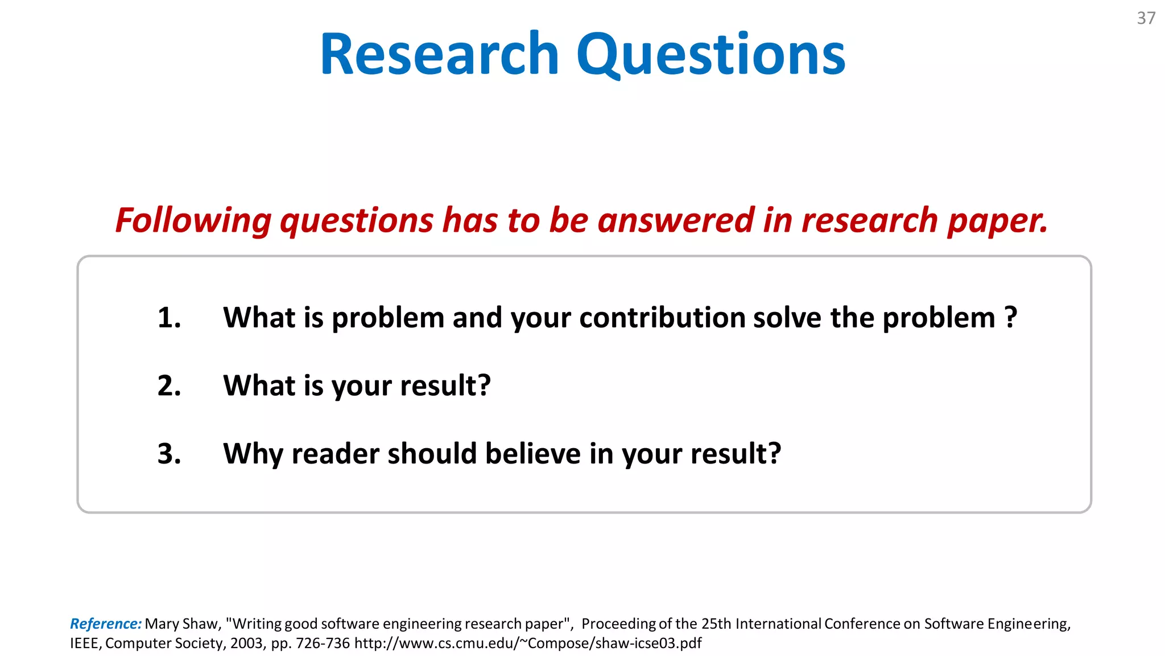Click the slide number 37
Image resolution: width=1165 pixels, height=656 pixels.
tap(1146, 18)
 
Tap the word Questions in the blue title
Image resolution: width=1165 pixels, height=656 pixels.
tap(710, 56)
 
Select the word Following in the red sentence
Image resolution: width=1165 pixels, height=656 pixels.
tap(193, 221)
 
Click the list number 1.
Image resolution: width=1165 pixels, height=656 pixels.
tap(169, 318)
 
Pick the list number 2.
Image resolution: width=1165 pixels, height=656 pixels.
tap(169, 386)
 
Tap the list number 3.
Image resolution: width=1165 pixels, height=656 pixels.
tap(169, 454)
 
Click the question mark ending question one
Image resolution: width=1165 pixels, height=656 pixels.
tap(1010, 317)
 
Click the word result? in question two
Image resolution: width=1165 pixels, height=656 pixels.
tap(445, 386)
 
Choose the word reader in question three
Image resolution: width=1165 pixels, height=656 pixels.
tap(335, 454)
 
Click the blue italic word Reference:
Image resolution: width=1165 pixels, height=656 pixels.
tap(106, 624)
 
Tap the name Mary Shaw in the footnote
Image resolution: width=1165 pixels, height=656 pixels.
tap(182, 624)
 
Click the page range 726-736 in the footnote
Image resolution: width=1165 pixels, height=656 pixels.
tap(323, 643)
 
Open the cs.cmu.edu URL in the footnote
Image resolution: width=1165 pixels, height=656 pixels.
tap(527, 643)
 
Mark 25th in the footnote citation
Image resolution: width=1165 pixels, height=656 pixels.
tap(716, 624)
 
